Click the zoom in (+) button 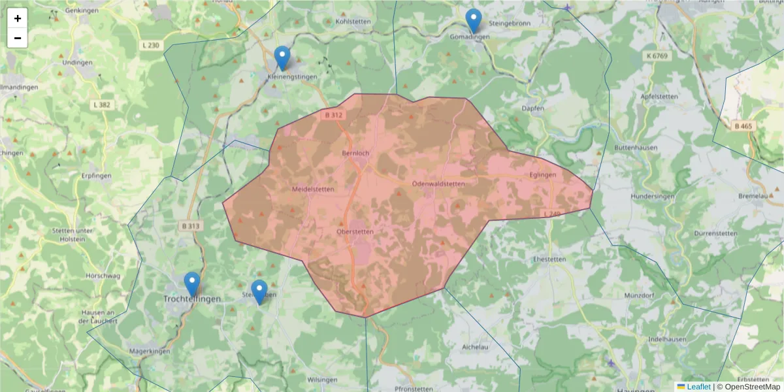[18, 18]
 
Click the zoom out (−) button [18, 38]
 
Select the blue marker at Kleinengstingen [282, 58]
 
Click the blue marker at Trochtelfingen [192, 284]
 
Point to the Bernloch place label [355, 154]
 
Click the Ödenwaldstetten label [438, 184]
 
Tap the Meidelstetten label [312, 189]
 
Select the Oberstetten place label [355, 231]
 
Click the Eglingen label [543, 175]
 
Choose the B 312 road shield [333, 115]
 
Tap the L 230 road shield [150, 45]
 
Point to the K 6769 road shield [658, 56]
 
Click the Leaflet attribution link [698, 387]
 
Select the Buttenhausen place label [635, 148]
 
